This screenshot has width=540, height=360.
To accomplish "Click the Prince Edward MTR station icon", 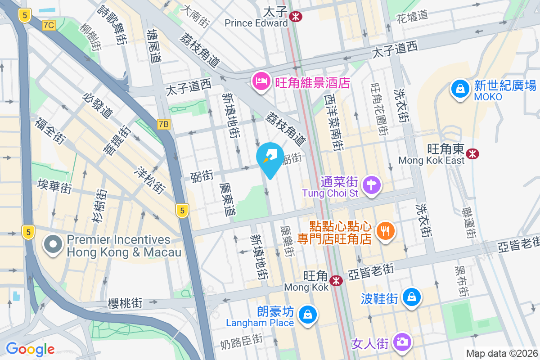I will tap(296, 17).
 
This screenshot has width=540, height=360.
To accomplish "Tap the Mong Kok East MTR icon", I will tap(472, 154).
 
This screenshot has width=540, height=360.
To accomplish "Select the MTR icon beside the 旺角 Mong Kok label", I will tap(335, 281).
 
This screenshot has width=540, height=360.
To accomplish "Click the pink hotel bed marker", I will tap(261, 81).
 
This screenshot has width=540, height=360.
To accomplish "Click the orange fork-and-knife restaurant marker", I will tap(385, 231).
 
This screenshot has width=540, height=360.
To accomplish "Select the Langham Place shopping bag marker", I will tap(308, 314).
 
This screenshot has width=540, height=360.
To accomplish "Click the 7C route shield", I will tap(49, 25).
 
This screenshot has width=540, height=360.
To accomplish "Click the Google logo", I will tap(31, 349).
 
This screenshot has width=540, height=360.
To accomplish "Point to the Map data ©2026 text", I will tap(502, 354).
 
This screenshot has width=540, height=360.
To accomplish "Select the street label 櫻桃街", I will tap(125, 304).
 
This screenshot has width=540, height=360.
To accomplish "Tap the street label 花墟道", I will tap(412, 17).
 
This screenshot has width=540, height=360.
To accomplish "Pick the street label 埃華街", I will tap(54, 185).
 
